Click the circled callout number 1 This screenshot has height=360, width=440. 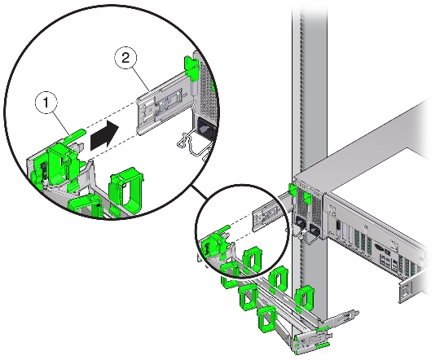(x=46, y=103)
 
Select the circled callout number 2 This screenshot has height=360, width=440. (x=125, y=59)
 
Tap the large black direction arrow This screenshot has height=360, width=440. (x=104, y=136)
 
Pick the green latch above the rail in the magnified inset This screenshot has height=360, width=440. (x=191, y=67)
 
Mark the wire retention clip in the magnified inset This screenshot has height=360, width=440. (x=191, y=143)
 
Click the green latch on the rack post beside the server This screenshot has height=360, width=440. (x=293, y=191)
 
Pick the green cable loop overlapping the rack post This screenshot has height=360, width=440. (x=304, y=296)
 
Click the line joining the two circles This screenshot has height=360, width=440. (x=200, y=193)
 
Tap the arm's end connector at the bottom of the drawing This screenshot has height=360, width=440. (x=310, y=341)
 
